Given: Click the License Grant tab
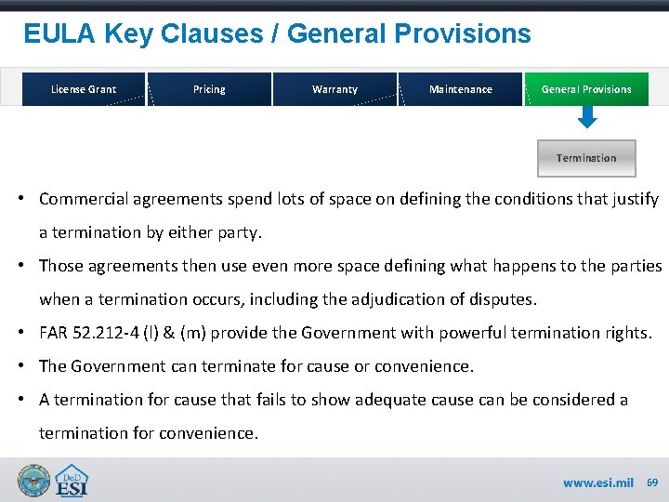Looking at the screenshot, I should click(84, 89).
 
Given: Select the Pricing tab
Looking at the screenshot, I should click(209, 89).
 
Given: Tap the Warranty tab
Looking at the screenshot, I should click(334, 89).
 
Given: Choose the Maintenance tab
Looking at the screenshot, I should click(461, 89).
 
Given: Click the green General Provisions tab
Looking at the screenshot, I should click(586, 89).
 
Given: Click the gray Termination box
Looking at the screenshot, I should click(586, 158).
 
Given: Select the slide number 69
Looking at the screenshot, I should click(652, 482).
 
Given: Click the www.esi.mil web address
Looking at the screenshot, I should click(597, 483).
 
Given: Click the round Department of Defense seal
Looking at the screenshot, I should click(34, 481).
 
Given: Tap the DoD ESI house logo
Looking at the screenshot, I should click(72, 481).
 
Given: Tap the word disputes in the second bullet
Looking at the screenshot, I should click(506, 299).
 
